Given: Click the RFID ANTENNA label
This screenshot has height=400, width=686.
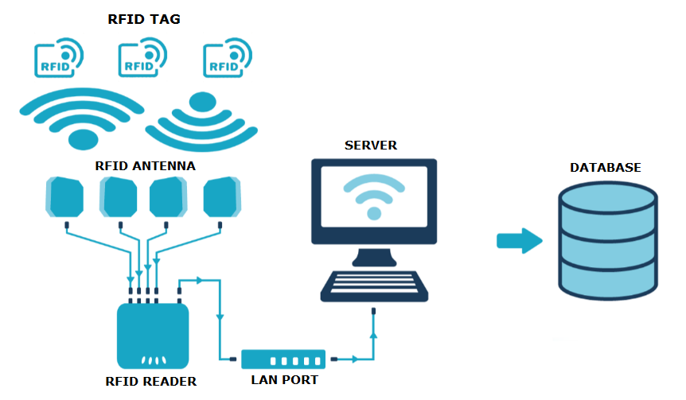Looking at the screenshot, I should (x=145, y=165).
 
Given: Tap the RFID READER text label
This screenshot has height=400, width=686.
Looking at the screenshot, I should (x=150, y=381).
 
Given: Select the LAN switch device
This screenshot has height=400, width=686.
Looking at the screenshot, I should (x=283, y=359).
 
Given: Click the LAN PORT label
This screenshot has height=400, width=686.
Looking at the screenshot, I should (x=284, y=380).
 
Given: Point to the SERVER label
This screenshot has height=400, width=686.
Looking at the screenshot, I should (x=371, y=146).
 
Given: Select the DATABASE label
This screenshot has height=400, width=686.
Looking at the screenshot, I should (x=606, y=168).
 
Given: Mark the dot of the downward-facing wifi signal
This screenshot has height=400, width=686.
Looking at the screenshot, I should (x=202, y=102).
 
